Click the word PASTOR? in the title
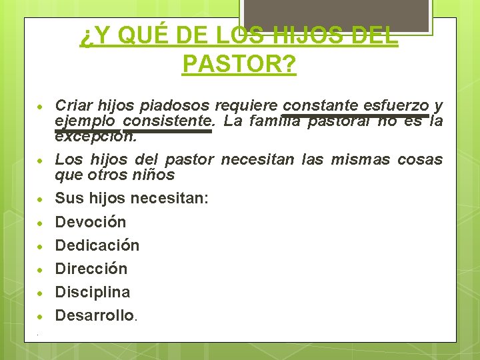(239, 64)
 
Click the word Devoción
(90, 222)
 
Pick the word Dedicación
(97, 245)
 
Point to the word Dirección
(91, 269)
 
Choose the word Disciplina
(93, 292)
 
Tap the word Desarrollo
(95, 315)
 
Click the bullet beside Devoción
(41, 223)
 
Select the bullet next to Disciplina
(41, 293)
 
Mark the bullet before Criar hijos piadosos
(41, 107)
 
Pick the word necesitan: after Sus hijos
(170, 198)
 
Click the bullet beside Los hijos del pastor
(41, 161)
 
